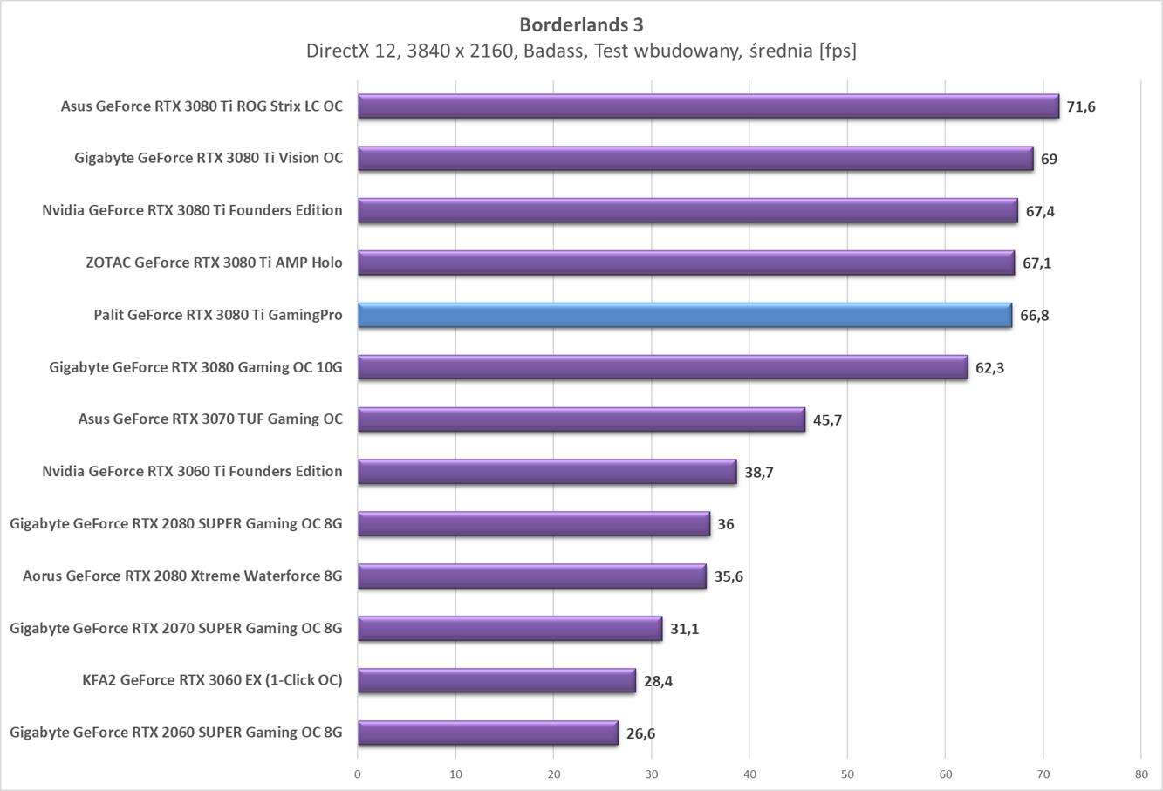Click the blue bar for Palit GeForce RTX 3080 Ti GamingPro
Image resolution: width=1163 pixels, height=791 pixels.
[x=685, y=315]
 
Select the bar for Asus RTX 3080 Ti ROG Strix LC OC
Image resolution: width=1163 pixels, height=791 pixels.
[x=708, y=106]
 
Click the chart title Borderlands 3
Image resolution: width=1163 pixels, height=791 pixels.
[x=581, y=24]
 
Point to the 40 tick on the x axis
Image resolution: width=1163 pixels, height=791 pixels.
[x=749, y=774]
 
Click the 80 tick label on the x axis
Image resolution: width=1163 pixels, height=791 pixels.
[x=1141, y=774]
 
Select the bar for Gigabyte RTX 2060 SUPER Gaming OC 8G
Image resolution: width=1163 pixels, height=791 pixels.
[x=488, y=733]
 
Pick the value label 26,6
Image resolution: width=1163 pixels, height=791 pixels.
[x=640, y=733]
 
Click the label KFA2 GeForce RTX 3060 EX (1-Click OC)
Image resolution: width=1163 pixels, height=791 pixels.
[x=212, y=680]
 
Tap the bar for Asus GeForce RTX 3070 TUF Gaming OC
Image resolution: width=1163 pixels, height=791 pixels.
[x=581, y=419]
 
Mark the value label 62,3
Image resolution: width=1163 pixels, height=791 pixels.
[x=989, y=368]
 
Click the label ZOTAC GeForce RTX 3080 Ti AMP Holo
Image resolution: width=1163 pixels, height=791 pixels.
[x=214, y=263]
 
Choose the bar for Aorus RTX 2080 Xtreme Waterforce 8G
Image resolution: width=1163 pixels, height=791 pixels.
[x=531, y=576]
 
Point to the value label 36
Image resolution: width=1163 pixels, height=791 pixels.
[x=726, y=524]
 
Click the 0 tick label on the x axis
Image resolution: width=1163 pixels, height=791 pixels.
[x=358, y=774]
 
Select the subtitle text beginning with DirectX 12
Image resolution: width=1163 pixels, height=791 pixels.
[x=581, y=51]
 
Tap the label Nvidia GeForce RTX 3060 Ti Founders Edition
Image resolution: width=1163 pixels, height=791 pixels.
[x=192, y=471]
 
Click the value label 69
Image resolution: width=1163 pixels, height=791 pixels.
[x=1049, y=160]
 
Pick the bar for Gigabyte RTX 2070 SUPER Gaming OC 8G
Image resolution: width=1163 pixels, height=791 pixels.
[x=510, y=628]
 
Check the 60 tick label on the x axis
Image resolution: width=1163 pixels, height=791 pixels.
[x=945, y=774]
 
